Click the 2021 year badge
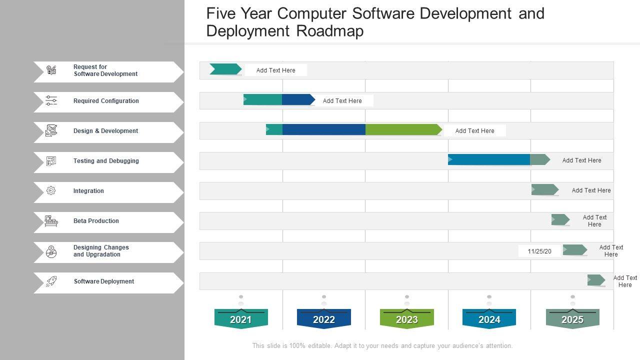pos(241,319)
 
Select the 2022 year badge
pos(324,319)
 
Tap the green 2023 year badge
pos(407,319)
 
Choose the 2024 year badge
pos(489,319)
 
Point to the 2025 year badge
pos(572,319)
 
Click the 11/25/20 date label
pos(539,251)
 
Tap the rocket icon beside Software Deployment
pos(51,281)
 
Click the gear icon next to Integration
pos(51,190)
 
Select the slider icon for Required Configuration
pos(51,100)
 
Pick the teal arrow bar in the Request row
pos(225,69)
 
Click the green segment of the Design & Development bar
pos(402,129)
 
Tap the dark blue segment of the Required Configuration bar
pos(297,99)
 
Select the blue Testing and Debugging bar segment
pos(489,159)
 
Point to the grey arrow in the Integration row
pos(544,189)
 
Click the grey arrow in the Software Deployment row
pos(596,280)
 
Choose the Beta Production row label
pos(96,221)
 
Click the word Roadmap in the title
pos(330,31)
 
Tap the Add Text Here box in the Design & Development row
pos(474,130)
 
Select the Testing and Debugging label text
pos(106,161)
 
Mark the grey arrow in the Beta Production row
pos(560,219)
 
